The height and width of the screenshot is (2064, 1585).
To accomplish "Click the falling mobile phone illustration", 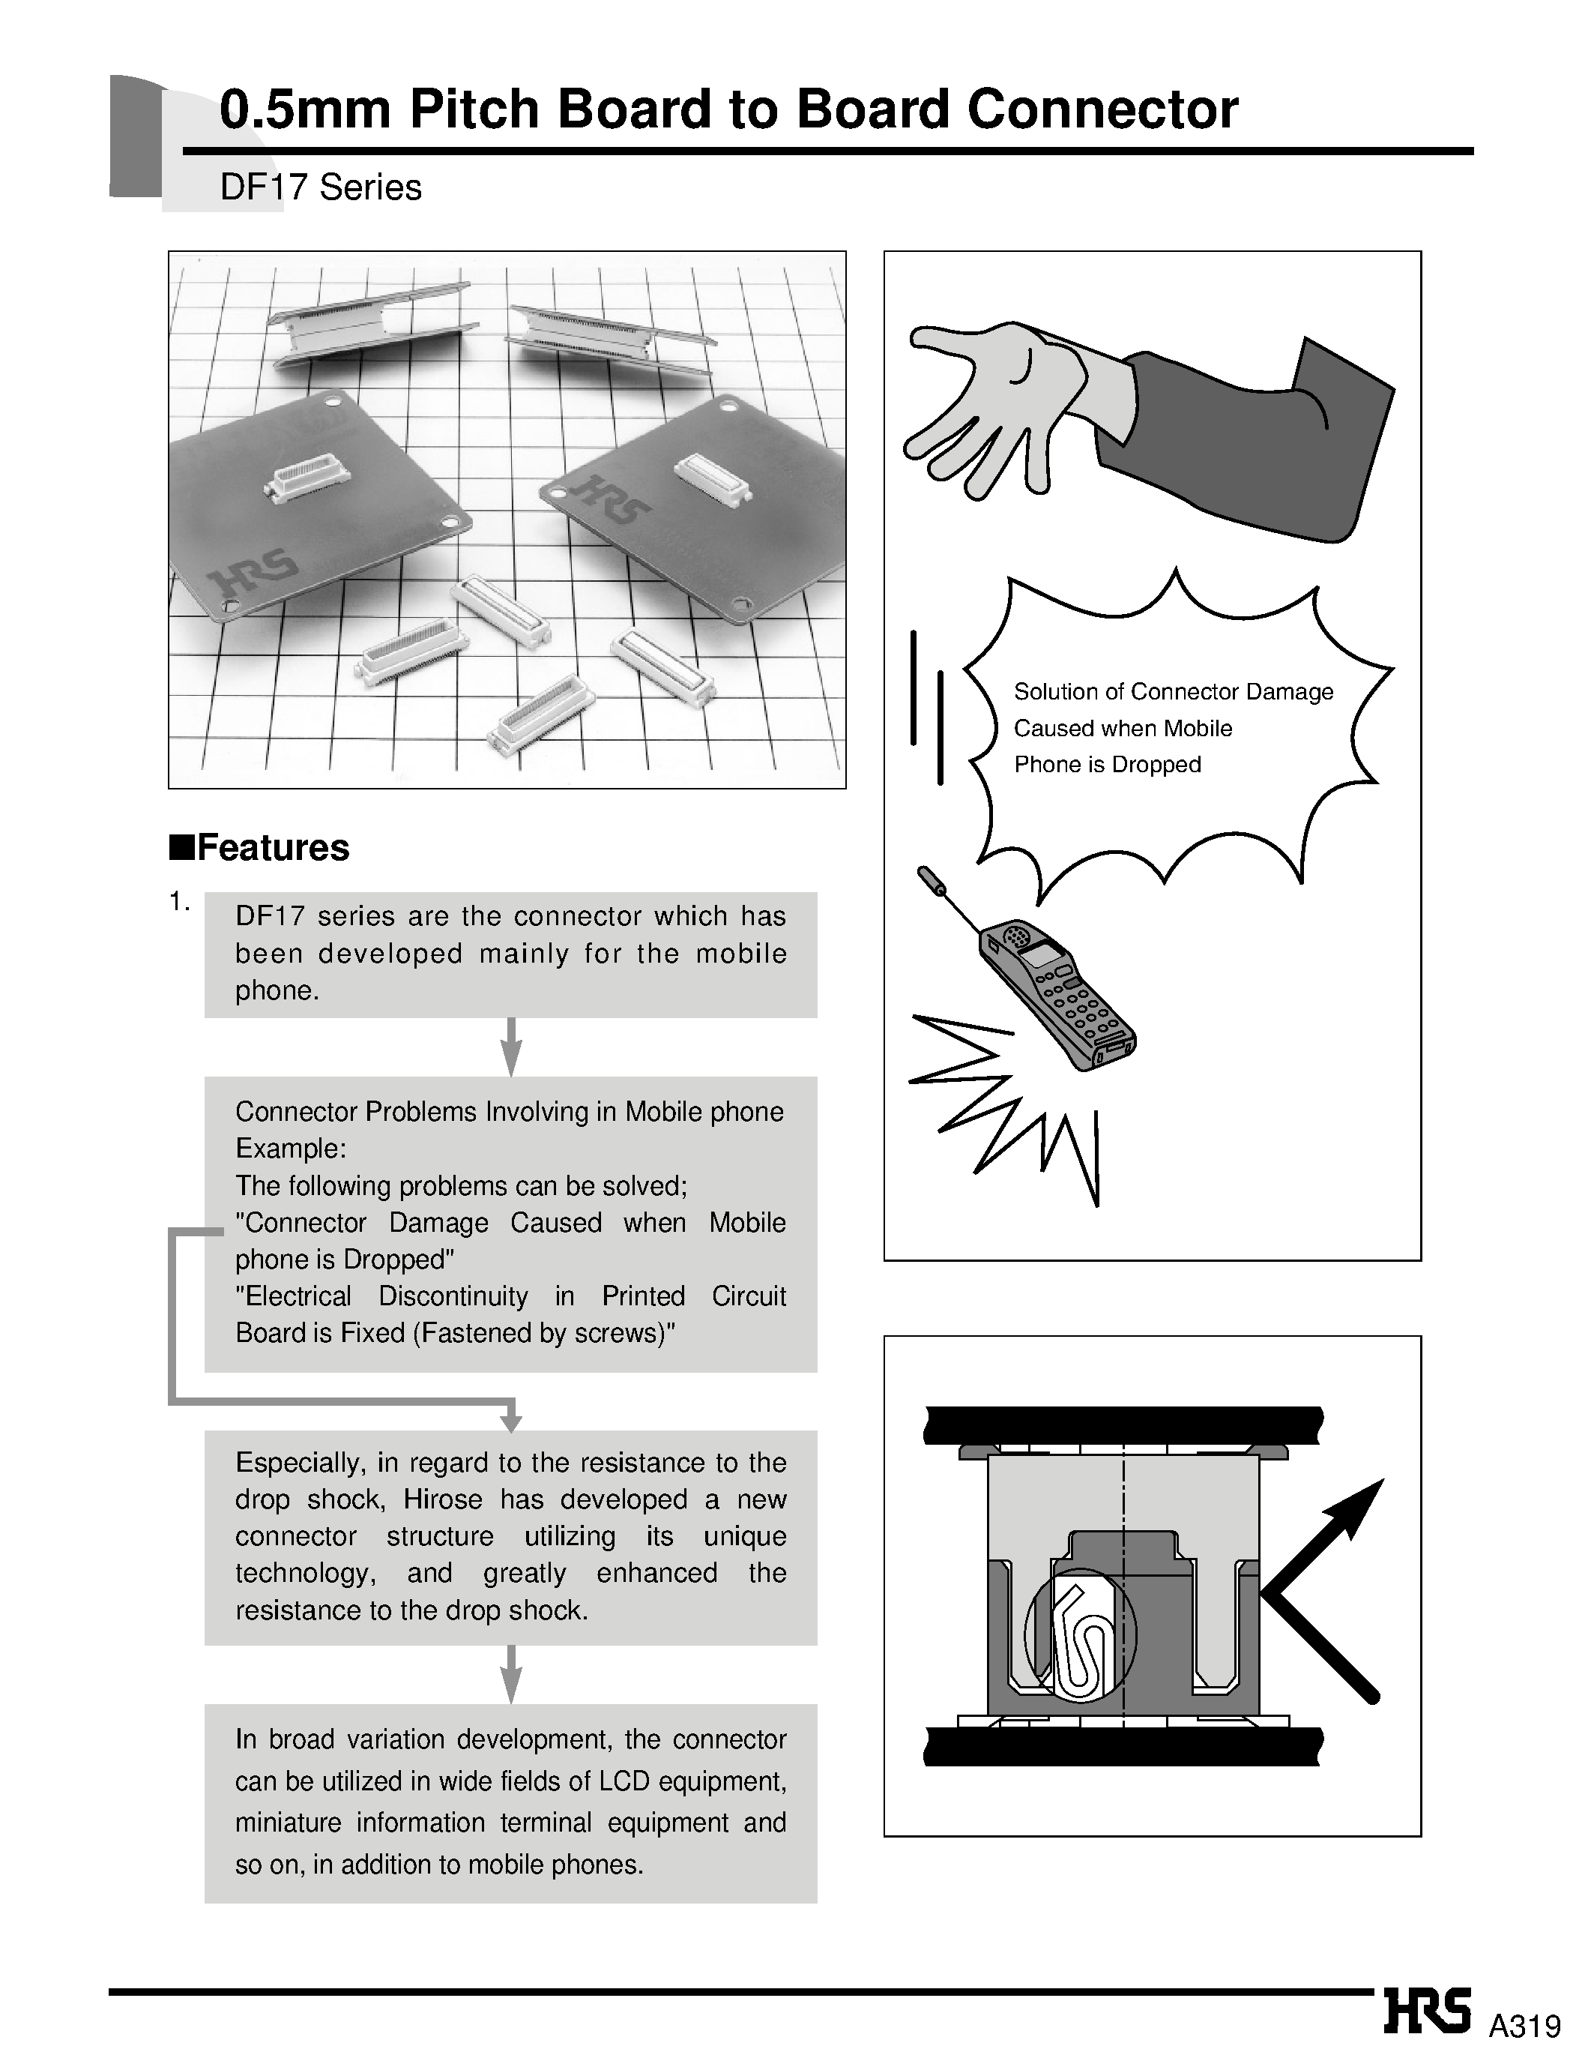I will pos(1057,996).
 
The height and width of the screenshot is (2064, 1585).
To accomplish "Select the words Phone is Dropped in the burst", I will pos(1107,765).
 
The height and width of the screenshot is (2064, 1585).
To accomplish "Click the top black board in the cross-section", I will pos(1123,1425).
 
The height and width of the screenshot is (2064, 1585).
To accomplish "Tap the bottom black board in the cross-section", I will pos(1123,1746).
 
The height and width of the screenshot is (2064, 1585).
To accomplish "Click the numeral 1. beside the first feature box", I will pos(179,903).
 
